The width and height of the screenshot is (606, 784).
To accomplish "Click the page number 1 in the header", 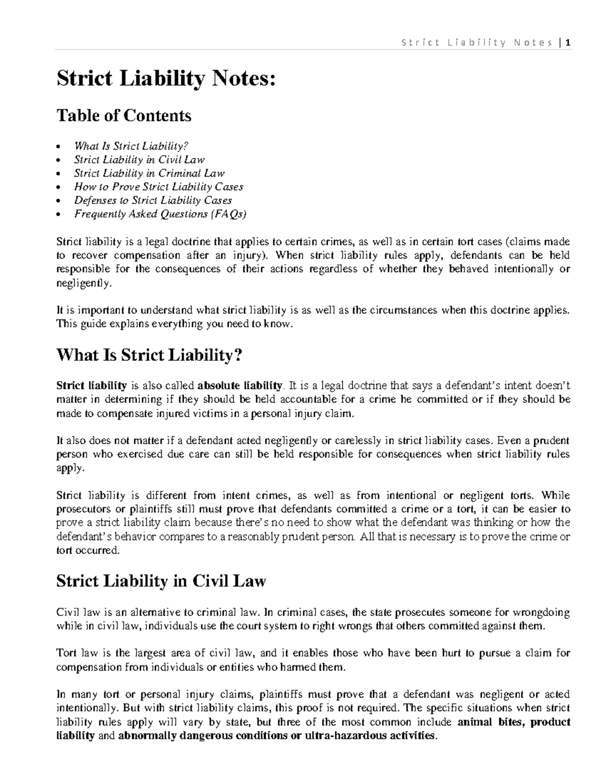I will pyautogui.click(x=568, y=43).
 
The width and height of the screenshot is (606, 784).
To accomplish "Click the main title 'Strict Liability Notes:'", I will pyautogui.click(x=166, y=79).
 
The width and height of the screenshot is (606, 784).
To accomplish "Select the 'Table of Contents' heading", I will pyautogui.click(x=124, y=116).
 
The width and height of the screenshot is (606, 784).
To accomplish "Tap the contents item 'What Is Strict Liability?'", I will pyautogui.click(x=131, y=146).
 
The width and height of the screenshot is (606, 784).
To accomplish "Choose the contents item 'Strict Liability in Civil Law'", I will pyautogui.click(x=139, y=160).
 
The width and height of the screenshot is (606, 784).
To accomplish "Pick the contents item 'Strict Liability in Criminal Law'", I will pyautogui.click(x=149, y=173).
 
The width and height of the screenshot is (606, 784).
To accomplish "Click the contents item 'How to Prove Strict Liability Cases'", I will pyautogui.click(x=159, y=187).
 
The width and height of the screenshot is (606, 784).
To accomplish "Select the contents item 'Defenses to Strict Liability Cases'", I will pyautogui.click(x=153, y=200).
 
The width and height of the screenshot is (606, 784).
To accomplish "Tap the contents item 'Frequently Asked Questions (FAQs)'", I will pyautogui.click(x=161, y=214).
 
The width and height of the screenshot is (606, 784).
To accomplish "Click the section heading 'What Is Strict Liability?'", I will pyautogui.click(x=149, y=355).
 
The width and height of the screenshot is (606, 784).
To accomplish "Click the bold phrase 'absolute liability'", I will pyautogui.click(x=239, y=386).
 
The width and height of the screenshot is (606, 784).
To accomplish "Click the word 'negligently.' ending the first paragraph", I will pyautogui.click(x=82, y=283).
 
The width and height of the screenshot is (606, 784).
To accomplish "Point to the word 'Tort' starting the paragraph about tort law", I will pyautogui.click(x=66, y=653).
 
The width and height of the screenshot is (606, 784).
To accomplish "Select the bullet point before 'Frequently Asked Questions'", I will pyautogui.click(x=60, y=215).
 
